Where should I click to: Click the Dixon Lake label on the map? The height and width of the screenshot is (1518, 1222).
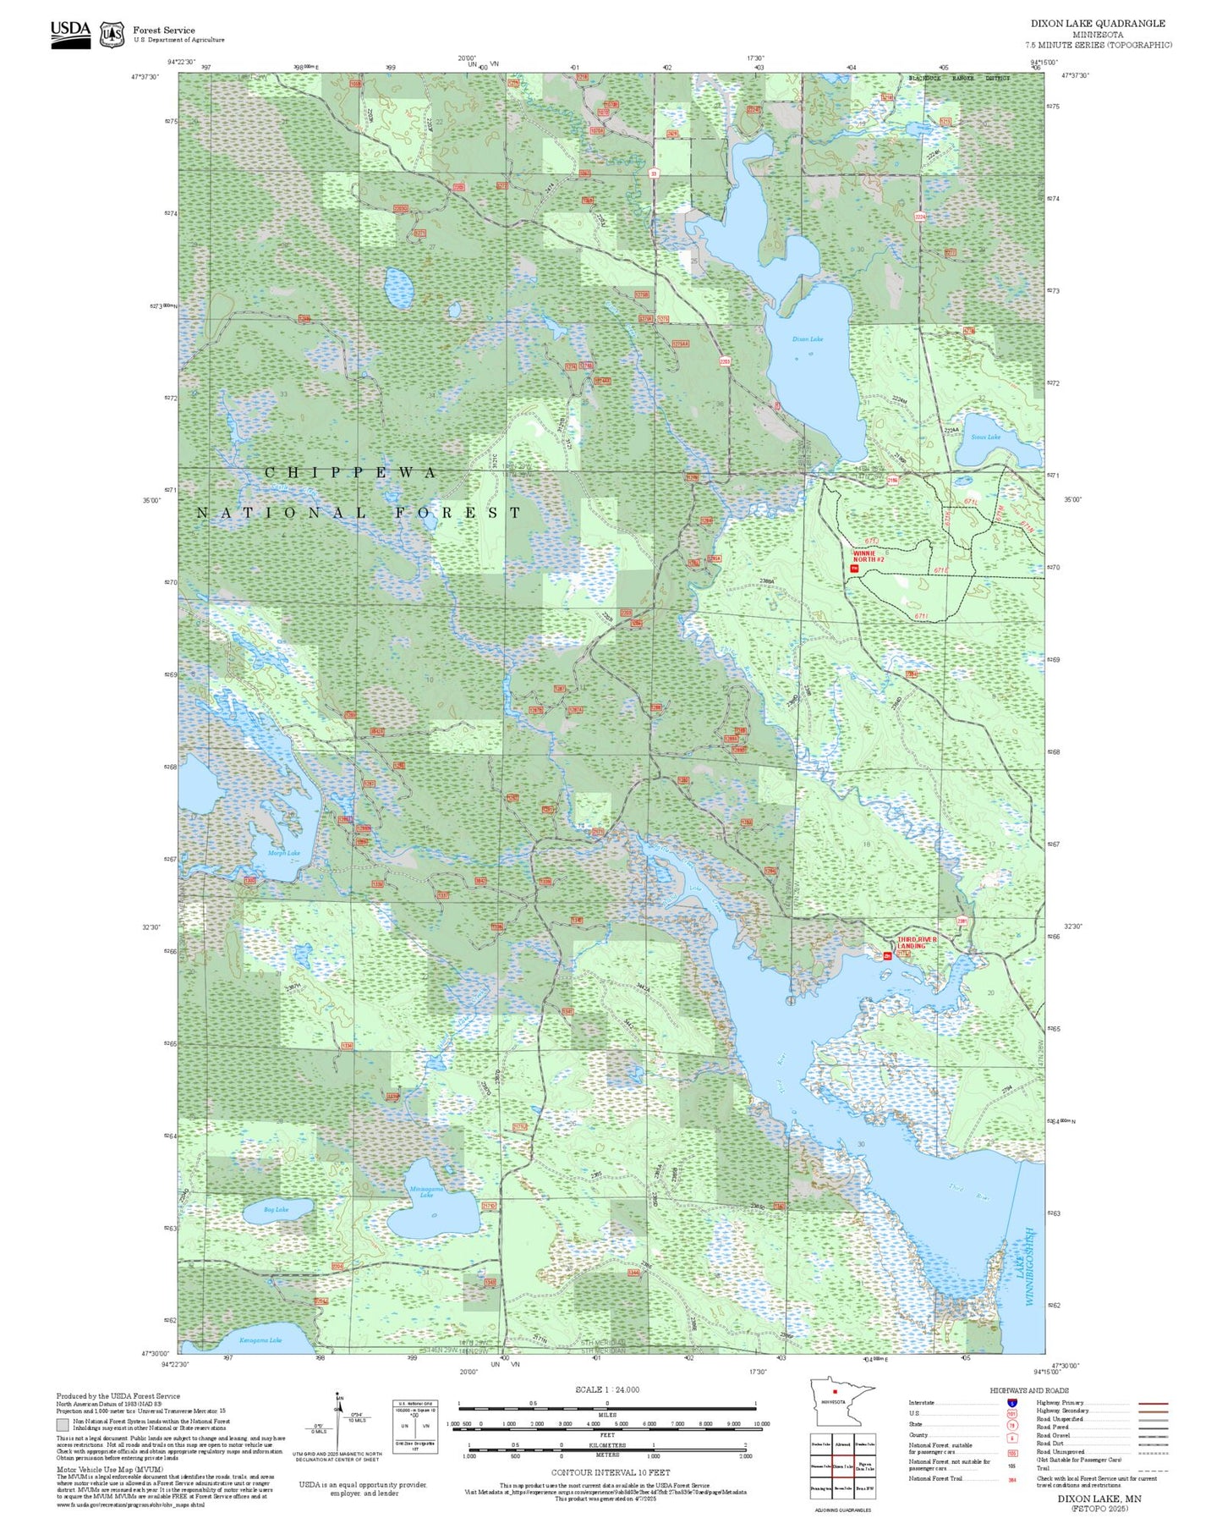tap(807, 339)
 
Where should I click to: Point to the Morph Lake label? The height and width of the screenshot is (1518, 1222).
tap(284, 853)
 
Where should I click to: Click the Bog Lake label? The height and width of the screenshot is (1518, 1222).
tap(276, 1210)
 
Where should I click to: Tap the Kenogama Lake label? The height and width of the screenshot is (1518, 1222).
tap(260, 1340)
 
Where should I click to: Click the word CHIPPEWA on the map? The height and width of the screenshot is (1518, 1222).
tap(350, 473)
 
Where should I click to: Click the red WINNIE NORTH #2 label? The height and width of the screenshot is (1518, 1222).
tap(869, 556)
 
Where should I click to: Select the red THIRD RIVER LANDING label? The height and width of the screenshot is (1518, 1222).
tap(917, 943)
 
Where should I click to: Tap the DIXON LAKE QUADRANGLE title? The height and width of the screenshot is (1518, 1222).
tap(1097, 24)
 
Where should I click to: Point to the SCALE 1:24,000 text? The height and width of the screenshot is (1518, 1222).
tap(607, 1389)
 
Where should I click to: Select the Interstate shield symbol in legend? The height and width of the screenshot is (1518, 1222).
tap(1011, 1403)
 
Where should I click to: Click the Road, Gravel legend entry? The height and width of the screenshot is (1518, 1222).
tap(1054, 1436)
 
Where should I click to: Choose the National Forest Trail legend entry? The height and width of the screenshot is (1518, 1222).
tap(935, 1478)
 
